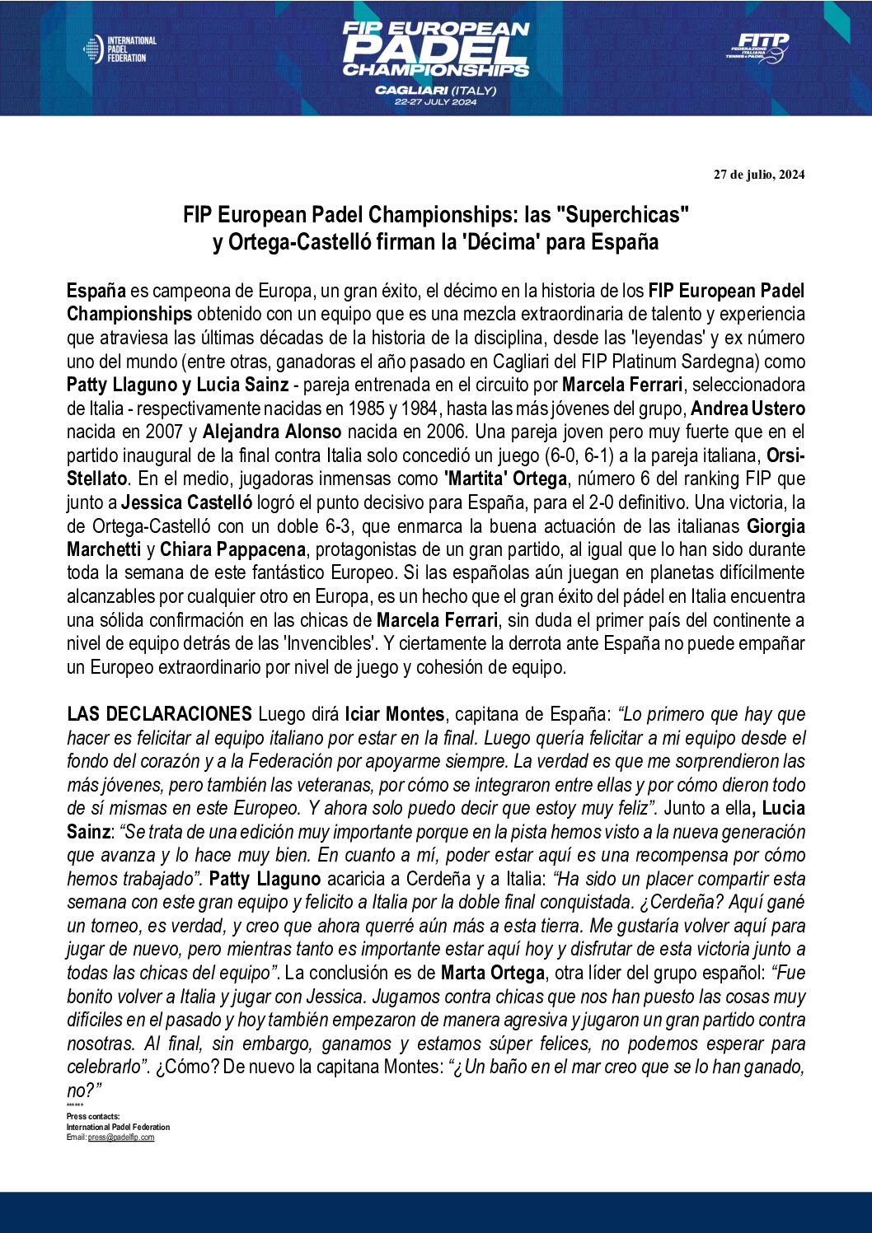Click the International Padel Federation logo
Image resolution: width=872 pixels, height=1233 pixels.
(120, 49)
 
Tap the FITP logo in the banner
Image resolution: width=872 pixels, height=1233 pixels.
(757, 48)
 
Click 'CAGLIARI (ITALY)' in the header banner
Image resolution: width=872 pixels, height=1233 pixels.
(435, 90)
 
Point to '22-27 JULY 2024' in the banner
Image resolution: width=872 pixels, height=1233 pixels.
(435, 102)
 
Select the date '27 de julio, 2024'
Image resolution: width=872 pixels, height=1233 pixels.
(759, 175)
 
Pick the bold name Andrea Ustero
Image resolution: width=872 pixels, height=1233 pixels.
(748, 409)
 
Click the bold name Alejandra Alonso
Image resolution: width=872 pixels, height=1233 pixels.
(272, 432)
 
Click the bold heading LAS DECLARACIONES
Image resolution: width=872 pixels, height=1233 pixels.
(159, 714)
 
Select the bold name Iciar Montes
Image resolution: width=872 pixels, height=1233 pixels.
(394, 714)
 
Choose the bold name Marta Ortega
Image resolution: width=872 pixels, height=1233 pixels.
(492, 973)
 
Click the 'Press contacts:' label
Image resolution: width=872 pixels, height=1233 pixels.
(93, 1117)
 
